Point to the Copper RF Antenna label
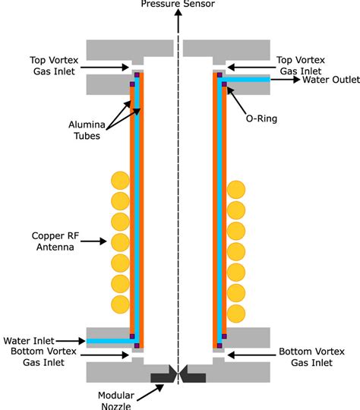point(52,241)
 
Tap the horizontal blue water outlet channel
point(248,78)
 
